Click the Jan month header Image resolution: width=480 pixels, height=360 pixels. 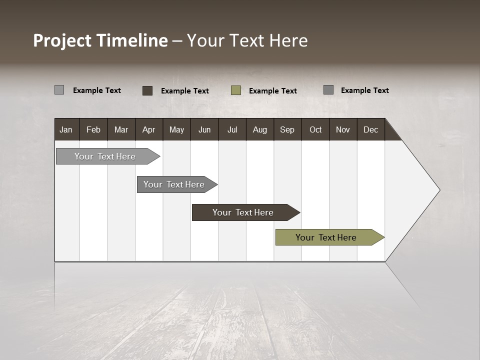66,129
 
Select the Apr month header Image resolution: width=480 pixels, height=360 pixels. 148,129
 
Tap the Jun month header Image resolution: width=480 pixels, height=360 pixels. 204,129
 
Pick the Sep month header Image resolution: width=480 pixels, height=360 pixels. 287,129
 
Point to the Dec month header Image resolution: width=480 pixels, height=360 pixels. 370,129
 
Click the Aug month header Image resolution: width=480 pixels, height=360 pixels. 259,129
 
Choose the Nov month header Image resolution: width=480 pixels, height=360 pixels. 342,129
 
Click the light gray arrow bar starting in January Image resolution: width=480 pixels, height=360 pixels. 105,156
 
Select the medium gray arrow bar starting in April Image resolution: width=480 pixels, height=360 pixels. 174,184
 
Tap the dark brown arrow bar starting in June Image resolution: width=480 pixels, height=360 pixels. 243,212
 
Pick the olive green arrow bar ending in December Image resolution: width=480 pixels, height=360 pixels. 326,237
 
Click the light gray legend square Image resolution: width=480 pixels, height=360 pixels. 59,90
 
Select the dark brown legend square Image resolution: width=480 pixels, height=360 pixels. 147,90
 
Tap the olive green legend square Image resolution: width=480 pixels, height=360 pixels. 236,90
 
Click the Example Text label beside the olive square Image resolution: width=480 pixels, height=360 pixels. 272,91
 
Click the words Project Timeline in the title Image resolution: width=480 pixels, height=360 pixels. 100,40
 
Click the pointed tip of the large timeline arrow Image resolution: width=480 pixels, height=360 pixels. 438,190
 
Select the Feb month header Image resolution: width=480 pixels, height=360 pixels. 93,129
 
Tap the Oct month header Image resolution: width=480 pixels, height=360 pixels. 315,129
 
